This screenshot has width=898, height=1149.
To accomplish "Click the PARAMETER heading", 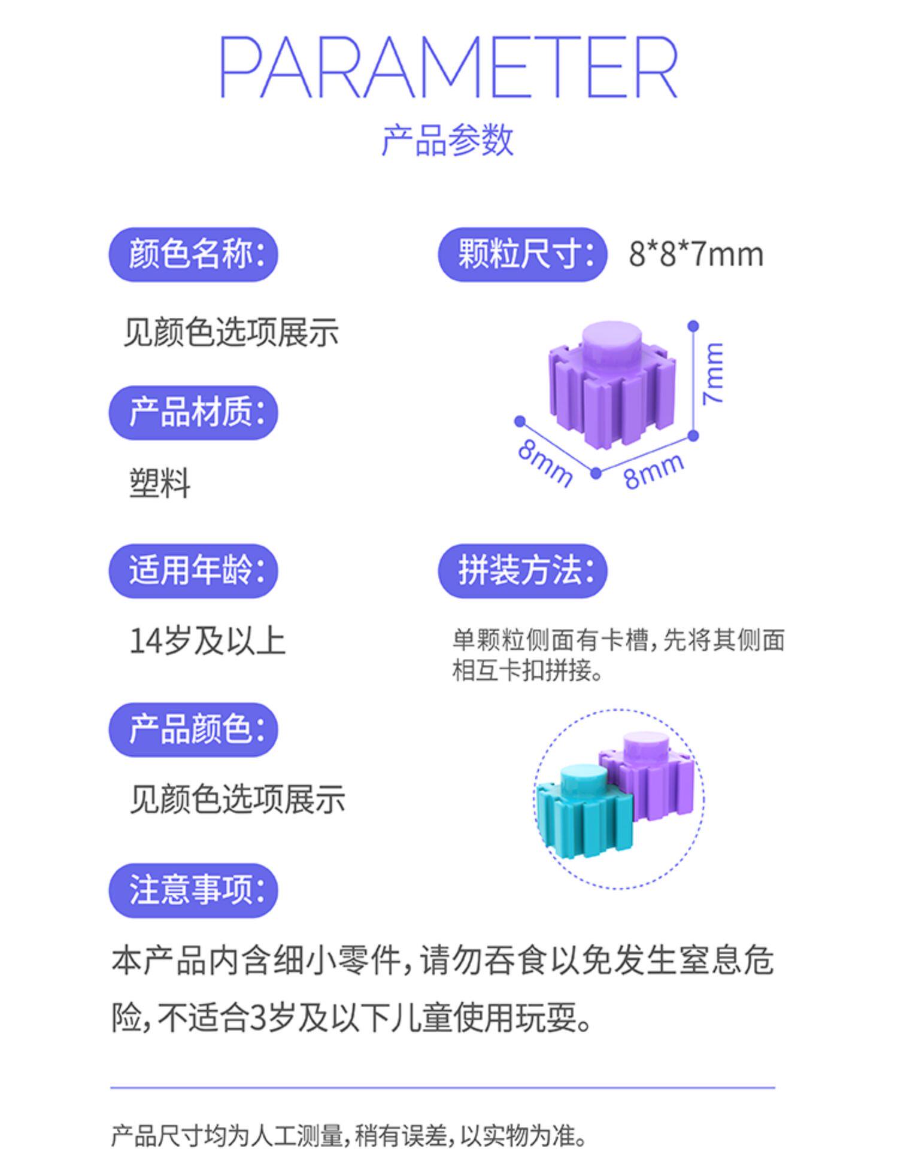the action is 448,66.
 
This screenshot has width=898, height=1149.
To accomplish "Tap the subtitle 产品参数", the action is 448,141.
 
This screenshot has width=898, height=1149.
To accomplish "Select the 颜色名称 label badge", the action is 193,254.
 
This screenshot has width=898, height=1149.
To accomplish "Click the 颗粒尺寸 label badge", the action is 523,254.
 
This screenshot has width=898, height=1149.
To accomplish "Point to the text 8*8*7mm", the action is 696,254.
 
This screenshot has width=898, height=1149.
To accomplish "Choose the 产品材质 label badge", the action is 193,413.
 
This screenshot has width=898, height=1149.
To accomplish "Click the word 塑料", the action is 160,483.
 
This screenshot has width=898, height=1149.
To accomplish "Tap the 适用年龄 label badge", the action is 193,571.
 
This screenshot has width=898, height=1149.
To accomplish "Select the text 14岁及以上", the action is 207,641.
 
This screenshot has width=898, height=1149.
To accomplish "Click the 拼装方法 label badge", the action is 523,571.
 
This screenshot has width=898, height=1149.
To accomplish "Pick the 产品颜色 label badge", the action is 193,729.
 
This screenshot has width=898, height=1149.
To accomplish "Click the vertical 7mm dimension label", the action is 714,373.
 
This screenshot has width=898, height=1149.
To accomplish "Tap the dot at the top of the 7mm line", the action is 693,326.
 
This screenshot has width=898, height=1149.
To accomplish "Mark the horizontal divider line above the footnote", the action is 443,1087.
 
